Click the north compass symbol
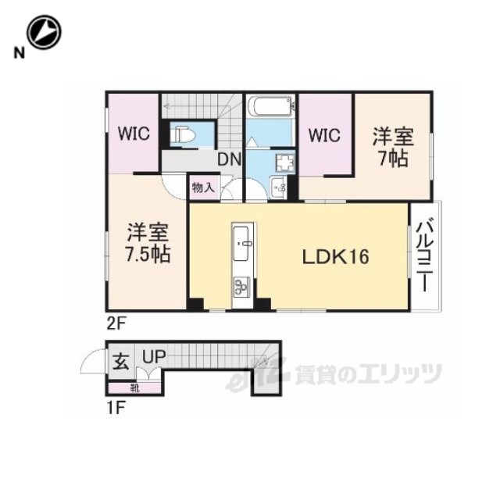44,32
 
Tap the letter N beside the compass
20,53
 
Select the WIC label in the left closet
134,133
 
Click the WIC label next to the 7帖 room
324,135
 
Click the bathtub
270,105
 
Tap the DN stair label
229,159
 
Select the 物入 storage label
203,187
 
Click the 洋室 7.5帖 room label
148,243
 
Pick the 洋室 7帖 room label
393,147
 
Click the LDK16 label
335,256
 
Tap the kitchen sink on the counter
241,243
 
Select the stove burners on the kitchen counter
241,286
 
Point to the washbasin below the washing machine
279,187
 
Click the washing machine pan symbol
285,162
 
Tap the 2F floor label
116,325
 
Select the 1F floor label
115,407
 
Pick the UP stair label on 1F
154,357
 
